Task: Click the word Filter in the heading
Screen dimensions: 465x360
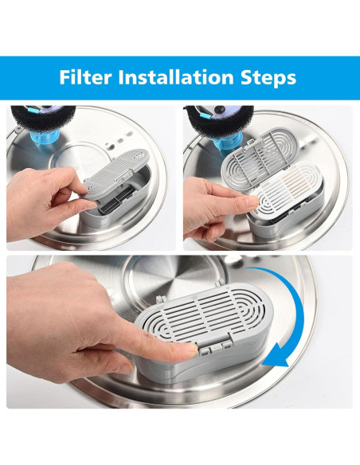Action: (x=86, y=78)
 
